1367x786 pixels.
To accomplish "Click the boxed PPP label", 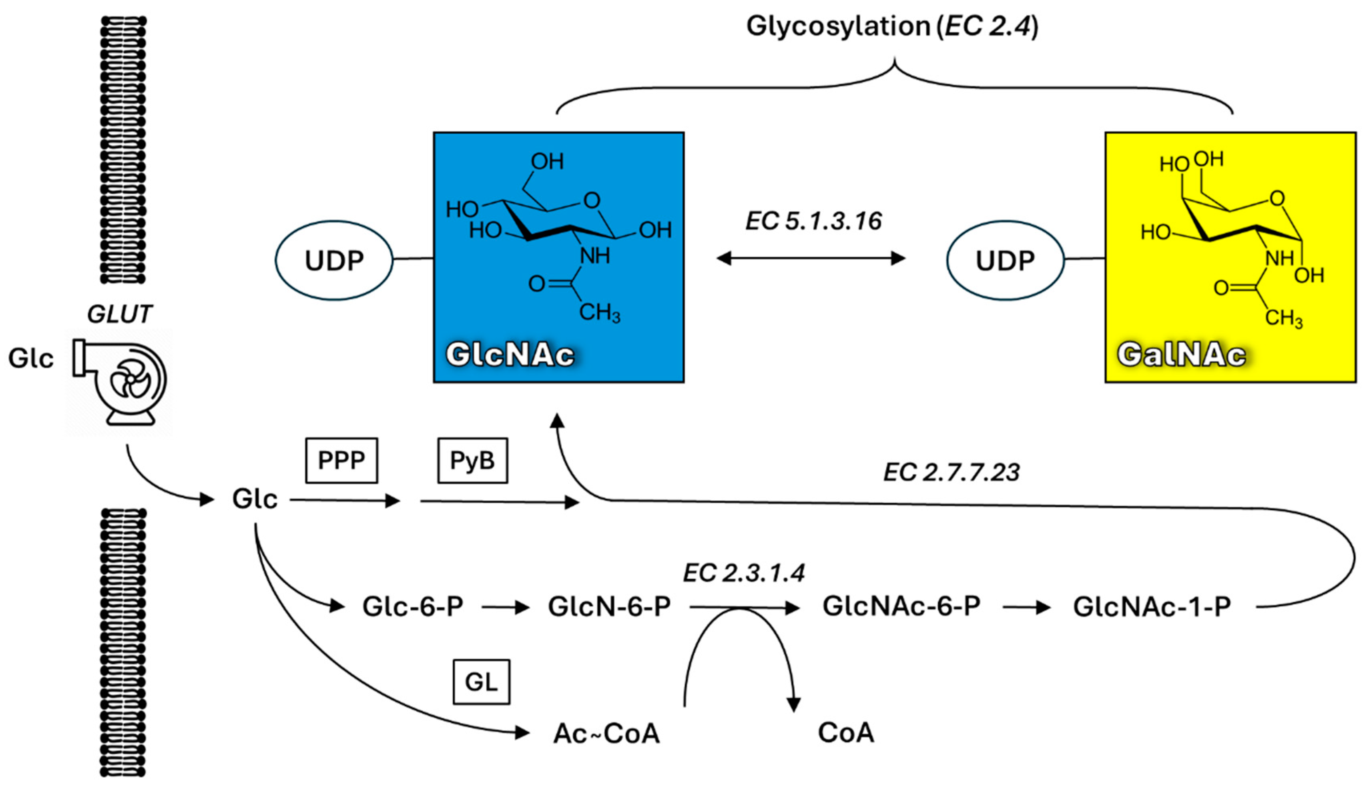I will click(341, 461).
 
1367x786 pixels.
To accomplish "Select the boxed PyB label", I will click(472, 461).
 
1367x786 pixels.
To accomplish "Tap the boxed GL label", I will click(481, 682).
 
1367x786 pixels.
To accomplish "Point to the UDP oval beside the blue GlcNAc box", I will click(334, 260).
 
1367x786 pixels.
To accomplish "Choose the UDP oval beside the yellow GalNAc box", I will click(1005, 260).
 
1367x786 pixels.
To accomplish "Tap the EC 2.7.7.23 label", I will click(951, 472).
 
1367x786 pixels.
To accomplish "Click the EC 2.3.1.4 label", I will click(744, 573).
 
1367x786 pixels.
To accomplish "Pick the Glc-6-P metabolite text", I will click(412, 607).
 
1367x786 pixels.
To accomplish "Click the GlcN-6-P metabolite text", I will click(609, 607).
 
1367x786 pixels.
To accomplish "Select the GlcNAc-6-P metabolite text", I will click(901, 606).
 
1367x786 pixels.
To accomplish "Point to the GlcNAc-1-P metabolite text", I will click(1152, 607).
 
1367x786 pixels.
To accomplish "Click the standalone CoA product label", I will click(845, 733).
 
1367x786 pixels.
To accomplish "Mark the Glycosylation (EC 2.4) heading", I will click(892, 26).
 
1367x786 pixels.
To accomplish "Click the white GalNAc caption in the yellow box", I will click(1181, 355).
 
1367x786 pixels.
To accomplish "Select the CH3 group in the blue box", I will click(599, 313).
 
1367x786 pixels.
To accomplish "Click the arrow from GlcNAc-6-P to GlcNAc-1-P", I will click(1026, 608).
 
